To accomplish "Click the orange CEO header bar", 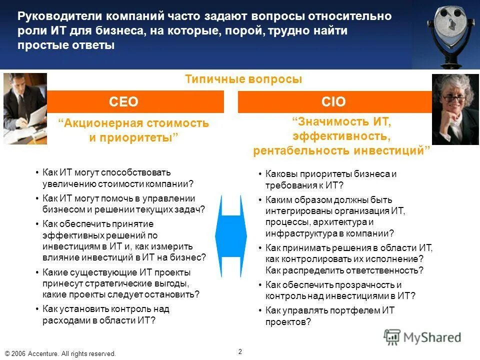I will pos(135,102).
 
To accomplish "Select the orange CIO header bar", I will pos(334,102).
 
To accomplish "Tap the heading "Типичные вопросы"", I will pos(243,79).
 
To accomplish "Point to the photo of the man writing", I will pos(25,108).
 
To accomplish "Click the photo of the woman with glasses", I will pos(455,109).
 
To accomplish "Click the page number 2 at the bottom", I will pos(240,351).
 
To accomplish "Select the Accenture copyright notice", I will pos(60,353).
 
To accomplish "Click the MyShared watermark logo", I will pos(422,337).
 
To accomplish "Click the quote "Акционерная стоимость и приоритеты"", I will pos(134,130).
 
